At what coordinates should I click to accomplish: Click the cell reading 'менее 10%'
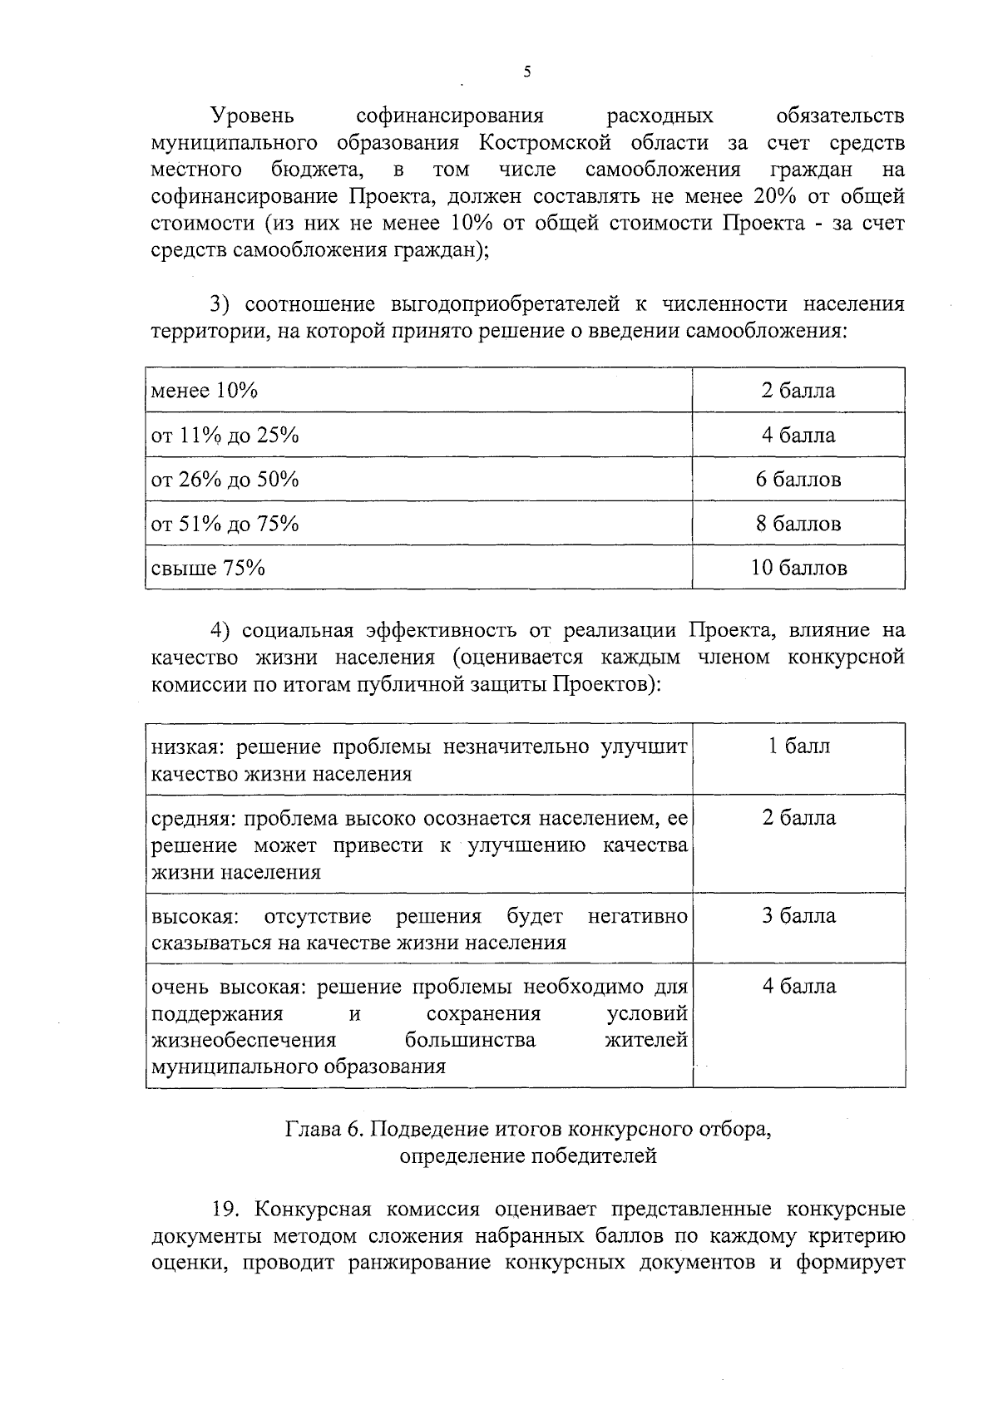coord(205,391)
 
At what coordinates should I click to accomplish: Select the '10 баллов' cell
coord(798,568)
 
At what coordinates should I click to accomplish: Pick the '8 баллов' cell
coord(798,524)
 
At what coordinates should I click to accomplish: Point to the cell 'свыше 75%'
coord(208,569)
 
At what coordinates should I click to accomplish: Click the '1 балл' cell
coord(798,746)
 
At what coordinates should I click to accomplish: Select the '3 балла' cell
coord(798,916)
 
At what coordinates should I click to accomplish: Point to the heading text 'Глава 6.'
coord(324,1130)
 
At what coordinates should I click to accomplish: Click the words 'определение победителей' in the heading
coord(528,1156)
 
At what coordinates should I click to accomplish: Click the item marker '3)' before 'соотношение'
coord(220,304)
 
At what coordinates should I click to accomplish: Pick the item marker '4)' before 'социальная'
coord(220,631)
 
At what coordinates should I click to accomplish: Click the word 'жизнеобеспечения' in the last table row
coord(244,1041)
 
